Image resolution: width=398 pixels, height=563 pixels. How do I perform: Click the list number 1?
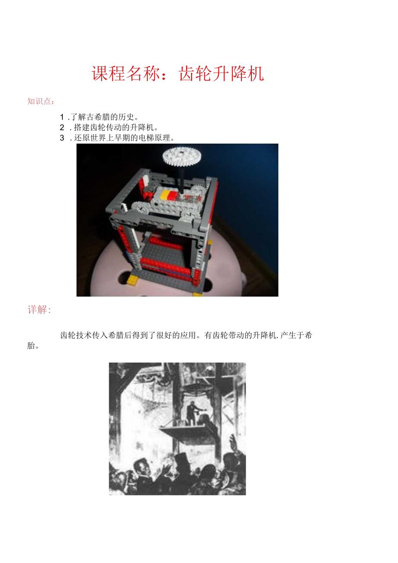pos(63,117)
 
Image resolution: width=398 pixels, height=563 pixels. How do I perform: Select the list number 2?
pos(62,127)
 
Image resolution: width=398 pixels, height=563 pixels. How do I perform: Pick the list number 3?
pos(62,138)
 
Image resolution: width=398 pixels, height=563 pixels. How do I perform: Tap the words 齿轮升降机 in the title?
pos(221,74)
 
